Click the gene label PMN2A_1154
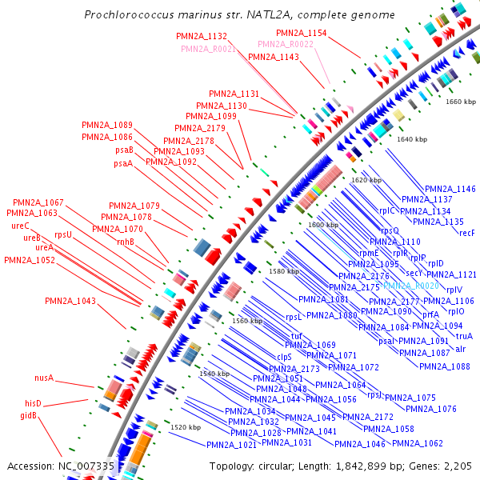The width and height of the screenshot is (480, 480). [x=302, y=33]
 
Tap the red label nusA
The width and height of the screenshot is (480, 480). [x=43, y=378]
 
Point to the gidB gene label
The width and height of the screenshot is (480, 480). [x=29, y=416]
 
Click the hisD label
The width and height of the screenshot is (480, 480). [x=33, y=403]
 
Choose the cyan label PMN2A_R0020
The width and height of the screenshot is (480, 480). [x=411, y=286]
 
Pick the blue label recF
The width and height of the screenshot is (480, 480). [x=467, y=233]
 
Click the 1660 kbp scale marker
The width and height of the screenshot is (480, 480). [x=461, y=102]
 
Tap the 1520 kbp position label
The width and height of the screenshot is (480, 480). [x=186, y=428]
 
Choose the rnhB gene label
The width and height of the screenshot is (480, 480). [x=126, y=241]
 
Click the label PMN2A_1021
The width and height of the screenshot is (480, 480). [x=231, y=445]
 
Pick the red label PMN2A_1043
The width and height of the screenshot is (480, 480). [x=70, y=301]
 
